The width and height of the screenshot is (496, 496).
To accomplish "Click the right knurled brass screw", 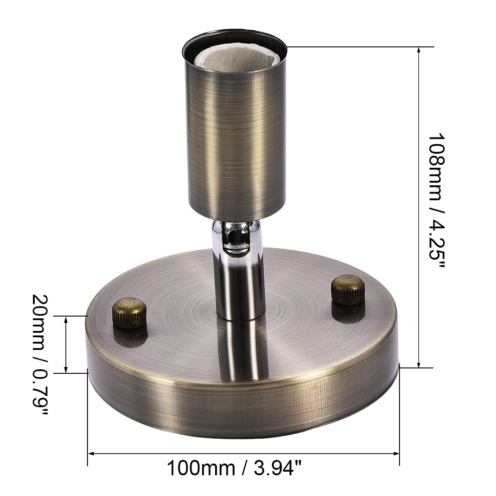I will tap(348, 289).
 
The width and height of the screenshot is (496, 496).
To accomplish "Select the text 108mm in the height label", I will tap(436, 167).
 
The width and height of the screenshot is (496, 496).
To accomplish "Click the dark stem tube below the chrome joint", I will tap(239, 289).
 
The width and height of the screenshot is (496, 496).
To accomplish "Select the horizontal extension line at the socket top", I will tap(361, 46).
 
